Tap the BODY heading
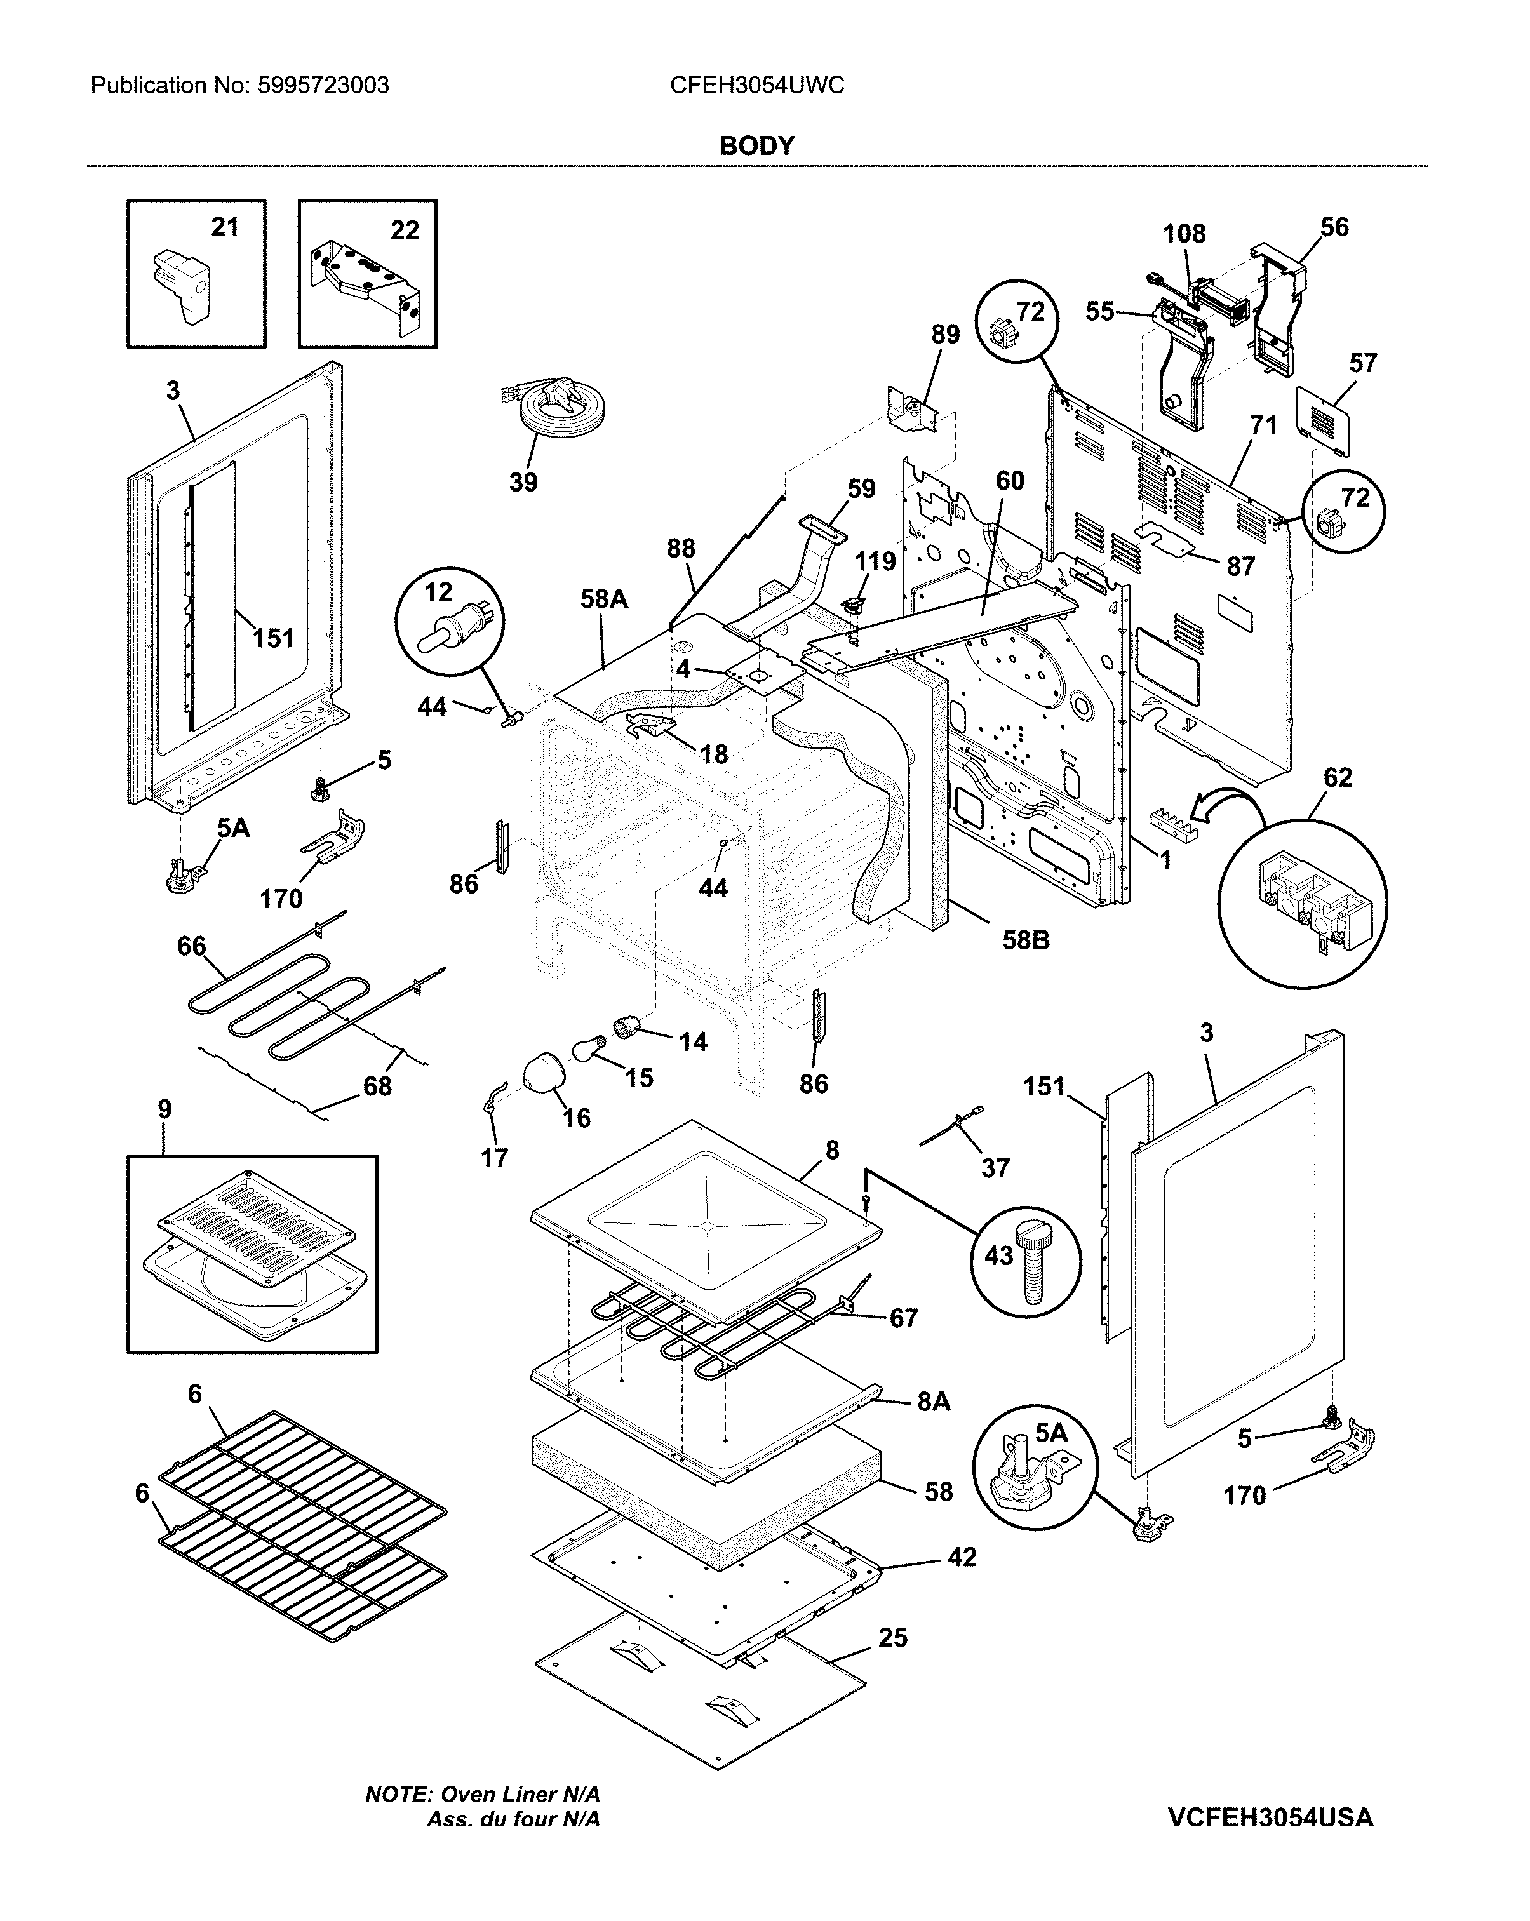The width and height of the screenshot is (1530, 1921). (x=756, y=145)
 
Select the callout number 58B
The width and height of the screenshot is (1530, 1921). (x=1026, y=940)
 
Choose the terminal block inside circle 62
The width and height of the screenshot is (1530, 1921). (x=1303, y=911)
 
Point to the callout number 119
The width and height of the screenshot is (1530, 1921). (x=875, y=561)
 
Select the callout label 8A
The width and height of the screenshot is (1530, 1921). (x=934, y=1402)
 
